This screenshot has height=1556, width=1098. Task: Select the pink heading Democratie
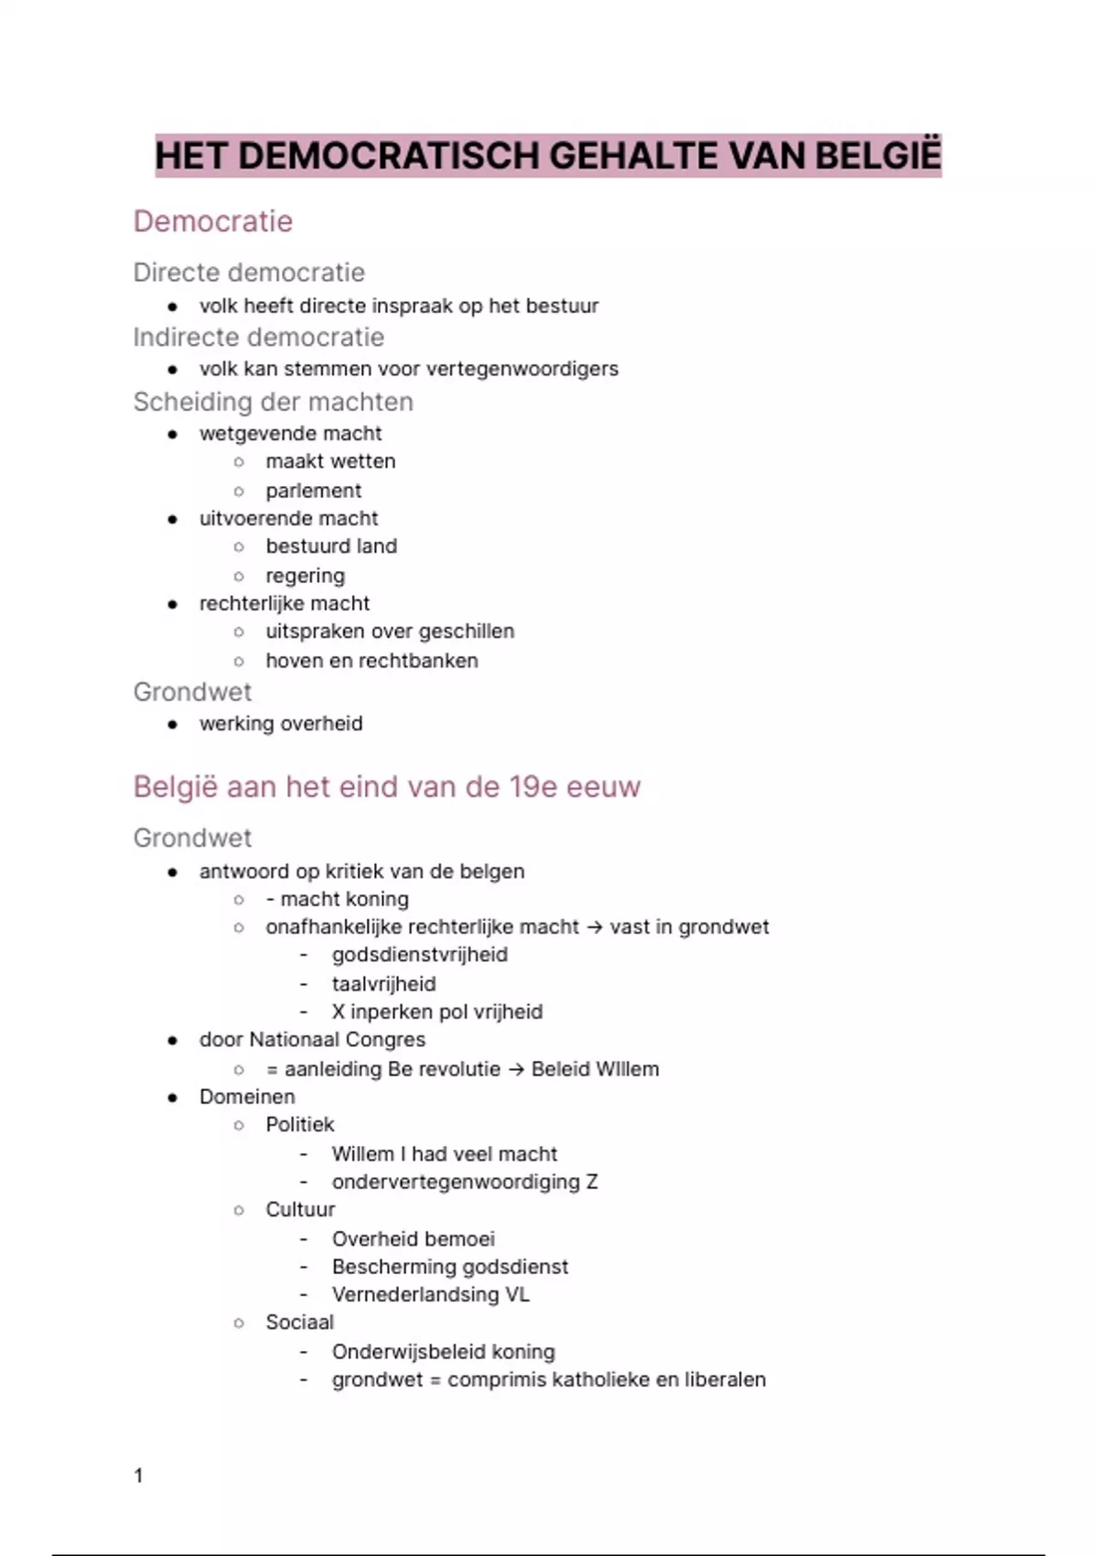pyautogui.click(x=213, y=222)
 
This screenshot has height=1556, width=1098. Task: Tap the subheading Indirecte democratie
pyautogui.click(x=258, y=337)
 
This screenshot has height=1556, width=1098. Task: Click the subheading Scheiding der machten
pyautogui.click(x=273, y=402)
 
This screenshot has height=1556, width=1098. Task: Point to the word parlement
pyautogui.click(x=313, y=491)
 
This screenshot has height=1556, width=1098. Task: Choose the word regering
pyautogui.click(x=305, y=576)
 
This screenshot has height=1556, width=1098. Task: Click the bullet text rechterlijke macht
pyautogui.click(x=285, y=603)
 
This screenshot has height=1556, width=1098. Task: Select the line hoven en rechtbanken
pyautogui.click(x=371, y=661)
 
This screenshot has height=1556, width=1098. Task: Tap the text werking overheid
pyautogui.click(x=281, y=724)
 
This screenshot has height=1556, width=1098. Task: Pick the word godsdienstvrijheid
pyautogui.click(x=419, y=955)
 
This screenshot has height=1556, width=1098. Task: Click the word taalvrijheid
pyautogui.click(x=383, y=984)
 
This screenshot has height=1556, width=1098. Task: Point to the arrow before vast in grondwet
pyautogui.click(x=595, y=927)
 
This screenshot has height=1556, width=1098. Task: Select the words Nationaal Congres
pyautogui.click(x=337, y=1040)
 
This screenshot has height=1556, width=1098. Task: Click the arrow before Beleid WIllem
pyautogui.click(x=516, y=1069)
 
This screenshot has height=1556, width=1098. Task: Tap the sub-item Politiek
pyautogui.click(x=300, y=1125)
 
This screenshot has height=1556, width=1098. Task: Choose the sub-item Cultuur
pyautogui.click(x=300, y=1209)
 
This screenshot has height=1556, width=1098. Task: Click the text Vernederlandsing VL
pyautogui.click(x=430, y=1295)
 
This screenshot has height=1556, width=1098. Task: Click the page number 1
pyautogui.click(x=139, y=1475)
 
